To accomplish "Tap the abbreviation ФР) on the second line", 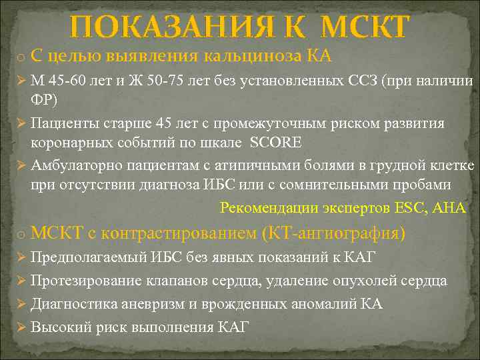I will point(44,99).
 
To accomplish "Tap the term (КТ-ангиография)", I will point(333,233).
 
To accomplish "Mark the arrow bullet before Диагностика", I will point(19,304).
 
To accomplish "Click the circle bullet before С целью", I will point(21,56).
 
